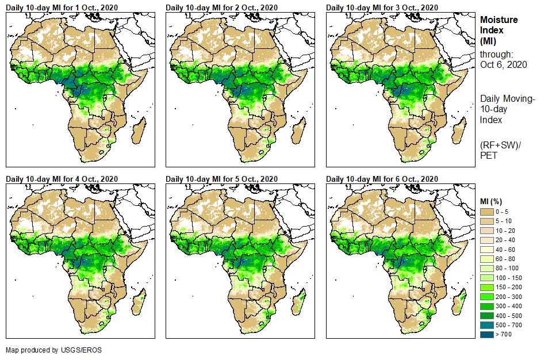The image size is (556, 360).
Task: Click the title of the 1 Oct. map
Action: [x=62, y=7]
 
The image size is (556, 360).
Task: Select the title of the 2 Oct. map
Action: [x=222, y=7]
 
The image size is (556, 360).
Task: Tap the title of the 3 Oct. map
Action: [x=382, y=7]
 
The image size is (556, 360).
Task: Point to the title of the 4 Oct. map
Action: [x=62, y=179]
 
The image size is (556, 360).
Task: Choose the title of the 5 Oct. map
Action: [x=222, y=179]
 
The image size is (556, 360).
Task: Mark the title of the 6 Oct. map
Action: [x=382, y=179]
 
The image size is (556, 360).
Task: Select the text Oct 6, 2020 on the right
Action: [x=503, y=64]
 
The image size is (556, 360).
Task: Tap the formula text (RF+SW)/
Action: [x=501, y=144]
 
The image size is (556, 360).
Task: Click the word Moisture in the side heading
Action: [x=499, y=20]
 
